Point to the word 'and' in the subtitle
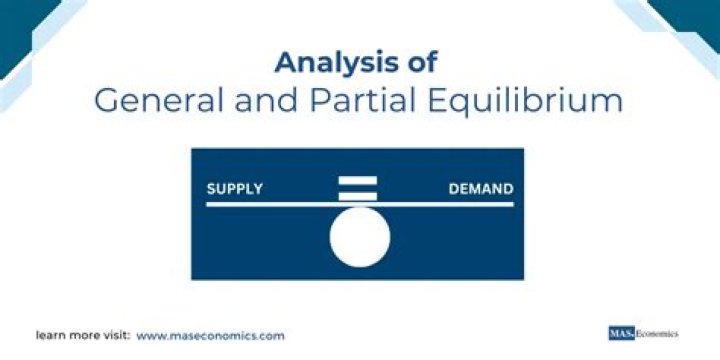click(247, 102)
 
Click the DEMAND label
click(481, 189)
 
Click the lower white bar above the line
click(359, 196)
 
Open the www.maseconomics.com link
click(210, 335)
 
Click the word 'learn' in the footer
click(52, 335)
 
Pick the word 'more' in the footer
click(83, 335)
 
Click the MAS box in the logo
click(621, 333)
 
